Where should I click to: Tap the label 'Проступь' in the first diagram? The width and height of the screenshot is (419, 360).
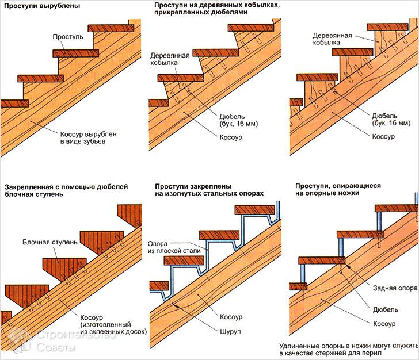[x=68, y=36]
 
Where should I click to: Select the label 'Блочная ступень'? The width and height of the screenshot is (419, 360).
[x=49, y=242]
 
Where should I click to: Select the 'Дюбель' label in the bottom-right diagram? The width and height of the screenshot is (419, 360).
[x=384, y=309]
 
